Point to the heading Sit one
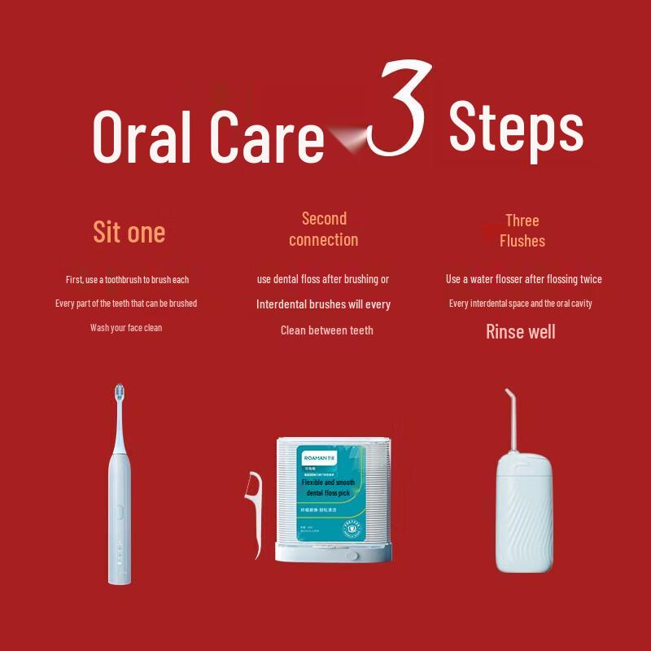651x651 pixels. coord(129,232)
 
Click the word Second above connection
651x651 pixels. coord(324,218)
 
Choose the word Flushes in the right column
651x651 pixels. coord(522,241)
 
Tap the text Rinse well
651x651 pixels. coord(521,331)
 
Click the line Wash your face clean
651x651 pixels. coord(126,328)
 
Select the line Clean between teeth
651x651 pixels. coord(326,330)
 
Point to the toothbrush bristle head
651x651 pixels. coord(120,395)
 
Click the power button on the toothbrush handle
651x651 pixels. coord(119,513)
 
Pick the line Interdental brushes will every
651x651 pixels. coord(324,304)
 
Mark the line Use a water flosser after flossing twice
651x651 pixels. coord(523,279)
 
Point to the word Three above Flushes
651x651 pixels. coord(522,221)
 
